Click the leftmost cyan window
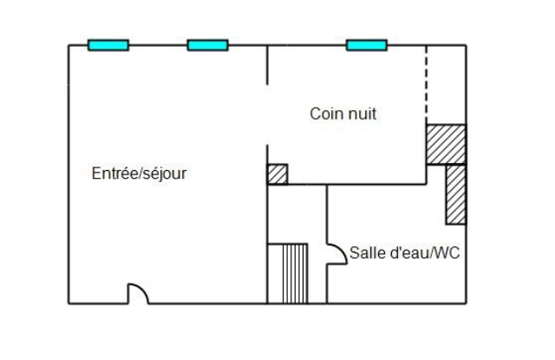point(108,45)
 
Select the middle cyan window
point(208,45)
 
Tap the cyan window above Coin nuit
point(367,45)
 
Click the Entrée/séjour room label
point(139,173)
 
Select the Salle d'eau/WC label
point(405,252)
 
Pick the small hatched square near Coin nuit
point(277,174)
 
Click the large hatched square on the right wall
point(447,144)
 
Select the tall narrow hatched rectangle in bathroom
point(456,194)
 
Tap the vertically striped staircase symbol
point(295,273)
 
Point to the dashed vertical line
point(426,85)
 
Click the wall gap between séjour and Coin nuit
point(267,115)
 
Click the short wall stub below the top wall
point(267,65)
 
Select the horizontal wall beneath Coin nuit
point(347,185)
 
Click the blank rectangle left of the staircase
point(275,273)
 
